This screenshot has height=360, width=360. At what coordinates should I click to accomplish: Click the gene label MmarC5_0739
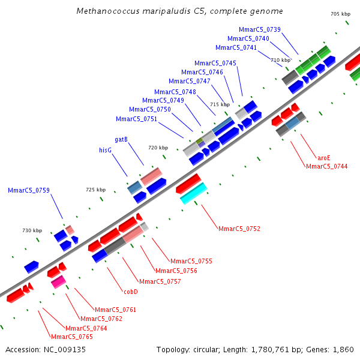click(x=259, y=29)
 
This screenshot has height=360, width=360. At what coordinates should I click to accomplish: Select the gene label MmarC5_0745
click(x=215, y=63)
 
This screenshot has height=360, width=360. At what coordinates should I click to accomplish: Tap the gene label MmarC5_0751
click(x=136, y=119)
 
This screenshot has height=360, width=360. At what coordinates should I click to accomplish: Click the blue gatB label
click(x=121, y=139)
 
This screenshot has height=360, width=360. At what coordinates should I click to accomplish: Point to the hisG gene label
click(x=105, y=150)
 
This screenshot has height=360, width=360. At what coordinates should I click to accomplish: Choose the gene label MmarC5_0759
click(x=29, y=190)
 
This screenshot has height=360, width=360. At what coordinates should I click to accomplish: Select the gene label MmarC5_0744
click(x=326, y=166)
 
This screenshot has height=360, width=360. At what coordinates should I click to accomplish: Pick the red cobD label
click(x=131, y=292)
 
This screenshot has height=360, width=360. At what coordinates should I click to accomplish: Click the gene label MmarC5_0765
click(x=71, y=337)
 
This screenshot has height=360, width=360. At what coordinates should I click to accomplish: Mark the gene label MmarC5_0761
click(x=116, y=310)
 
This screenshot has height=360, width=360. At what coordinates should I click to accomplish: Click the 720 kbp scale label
click(x=158, y=148)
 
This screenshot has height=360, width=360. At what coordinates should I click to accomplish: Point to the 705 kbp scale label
click(x=340, y=14)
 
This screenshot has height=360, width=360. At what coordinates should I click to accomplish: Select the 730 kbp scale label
click(x=32, y=230)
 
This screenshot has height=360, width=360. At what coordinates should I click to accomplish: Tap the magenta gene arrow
click(x=58, y=281)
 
